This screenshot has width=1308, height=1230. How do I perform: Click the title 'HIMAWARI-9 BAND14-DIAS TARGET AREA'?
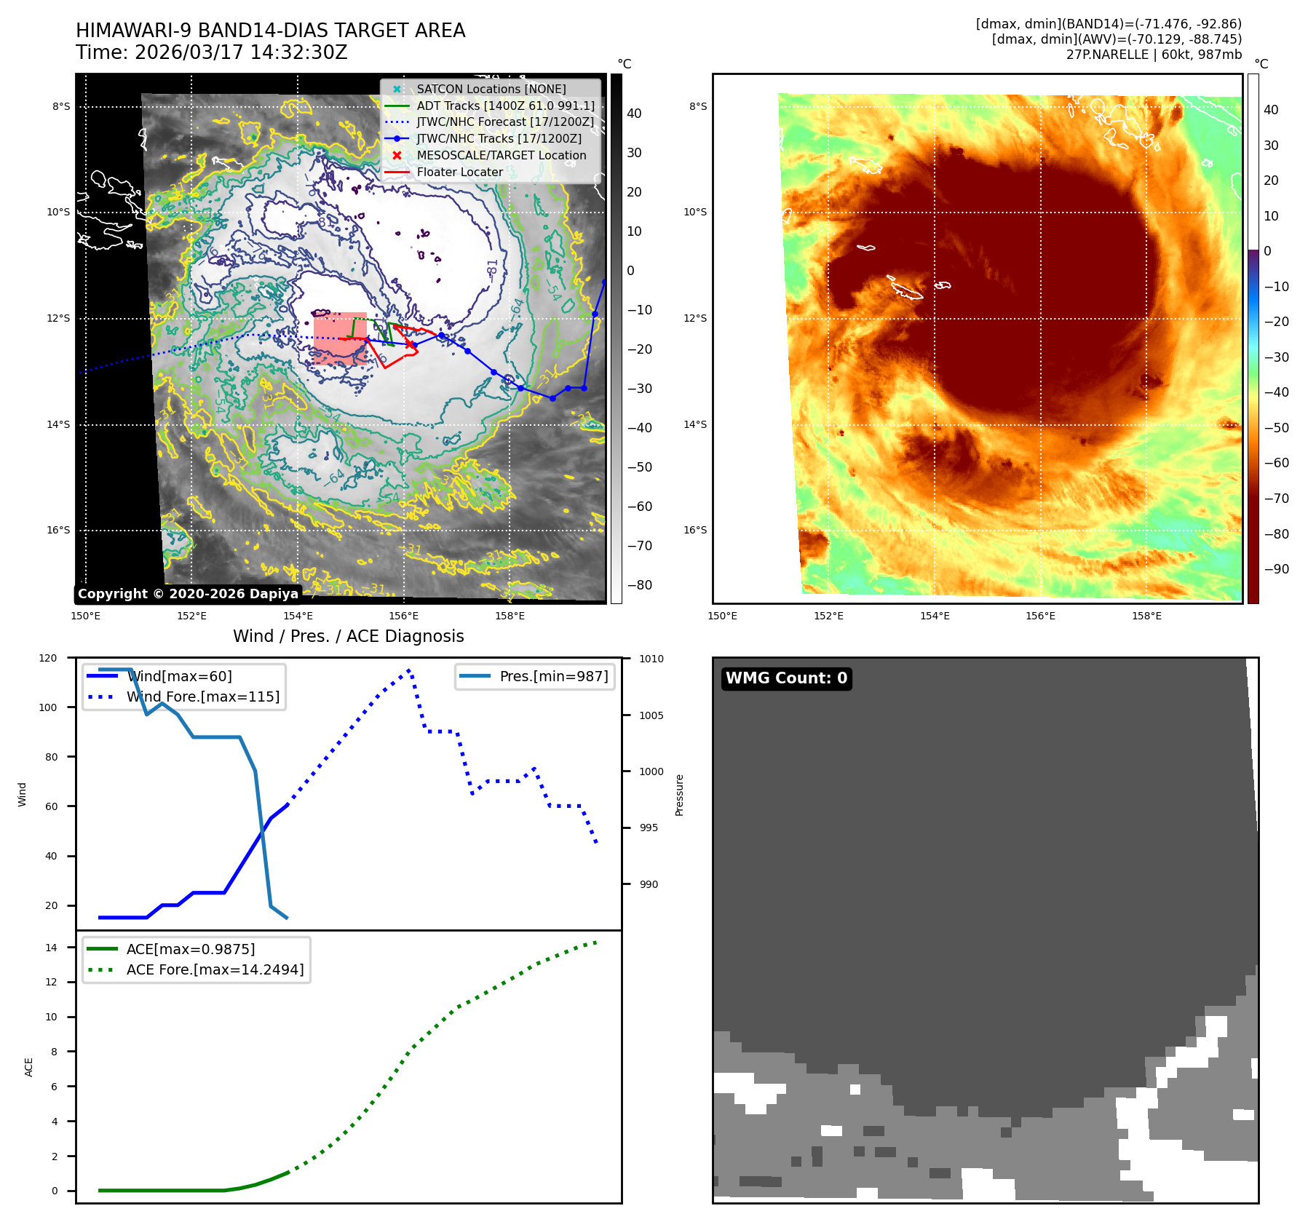coord(270,31)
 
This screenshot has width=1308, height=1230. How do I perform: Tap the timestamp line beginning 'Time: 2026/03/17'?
coord(211,52)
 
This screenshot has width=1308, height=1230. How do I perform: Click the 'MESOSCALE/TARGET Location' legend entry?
coord(501,155)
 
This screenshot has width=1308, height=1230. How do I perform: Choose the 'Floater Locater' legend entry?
coord(459,172)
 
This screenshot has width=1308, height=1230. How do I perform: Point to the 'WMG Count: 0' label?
coord(786,678)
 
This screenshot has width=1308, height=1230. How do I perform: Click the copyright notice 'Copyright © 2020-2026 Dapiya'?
coord(188,594)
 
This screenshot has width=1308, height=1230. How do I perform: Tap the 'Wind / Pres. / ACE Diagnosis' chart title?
coord(348,636)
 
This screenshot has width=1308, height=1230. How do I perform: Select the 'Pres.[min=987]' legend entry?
coord(553,676)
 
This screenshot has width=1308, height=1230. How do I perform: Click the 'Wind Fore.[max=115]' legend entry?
coord(202,697)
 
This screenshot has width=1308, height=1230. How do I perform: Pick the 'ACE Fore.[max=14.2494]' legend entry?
coord(215,969)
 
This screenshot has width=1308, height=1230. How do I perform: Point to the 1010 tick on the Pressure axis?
coord(651,659)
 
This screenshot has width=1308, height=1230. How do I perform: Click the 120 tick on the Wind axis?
coord(48,658)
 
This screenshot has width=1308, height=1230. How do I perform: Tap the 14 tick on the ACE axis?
coord(51,948)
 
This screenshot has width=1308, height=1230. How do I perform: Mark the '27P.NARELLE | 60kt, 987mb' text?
coord(1154,55)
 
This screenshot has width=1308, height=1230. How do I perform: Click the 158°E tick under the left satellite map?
coord(510,616)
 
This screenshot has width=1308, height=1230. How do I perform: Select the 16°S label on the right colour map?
coord(695,530)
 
